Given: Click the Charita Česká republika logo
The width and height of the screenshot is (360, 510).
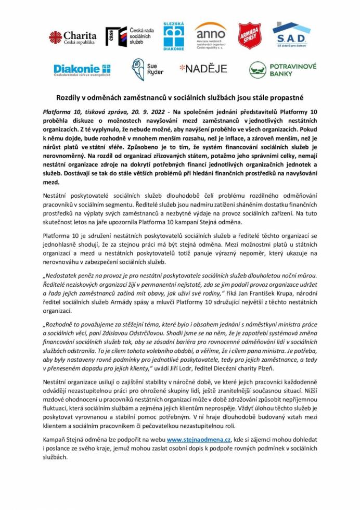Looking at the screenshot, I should [72, 37].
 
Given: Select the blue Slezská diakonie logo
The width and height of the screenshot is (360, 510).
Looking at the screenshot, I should [174, 36].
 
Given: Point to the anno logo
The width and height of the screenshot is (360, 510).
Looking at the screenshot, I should [210, 35].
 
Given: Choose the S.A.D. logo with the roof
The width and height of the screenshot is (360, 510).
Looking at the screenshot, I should [291, 35].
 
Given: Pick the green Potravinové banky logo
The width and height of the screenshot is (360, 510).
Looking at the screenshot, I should [282, 70].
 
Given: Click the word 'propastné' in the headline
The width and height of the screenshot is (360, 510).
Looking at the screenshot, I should [287, 97].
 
